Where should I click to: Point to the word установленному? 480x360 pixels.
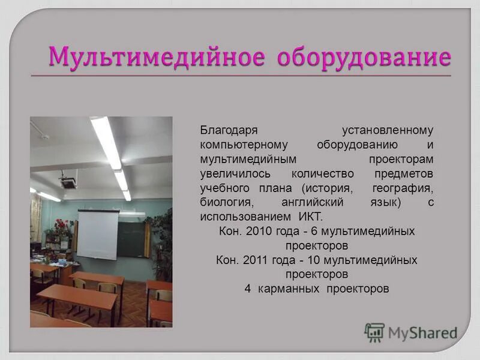(388, 131)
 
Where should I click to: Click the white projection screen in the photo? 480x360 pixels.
(98, 235)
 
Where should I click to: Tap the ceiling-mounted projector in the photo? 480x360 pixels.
(68, 179)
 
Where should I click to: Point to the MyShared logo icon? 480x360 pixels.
(374, 332)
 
